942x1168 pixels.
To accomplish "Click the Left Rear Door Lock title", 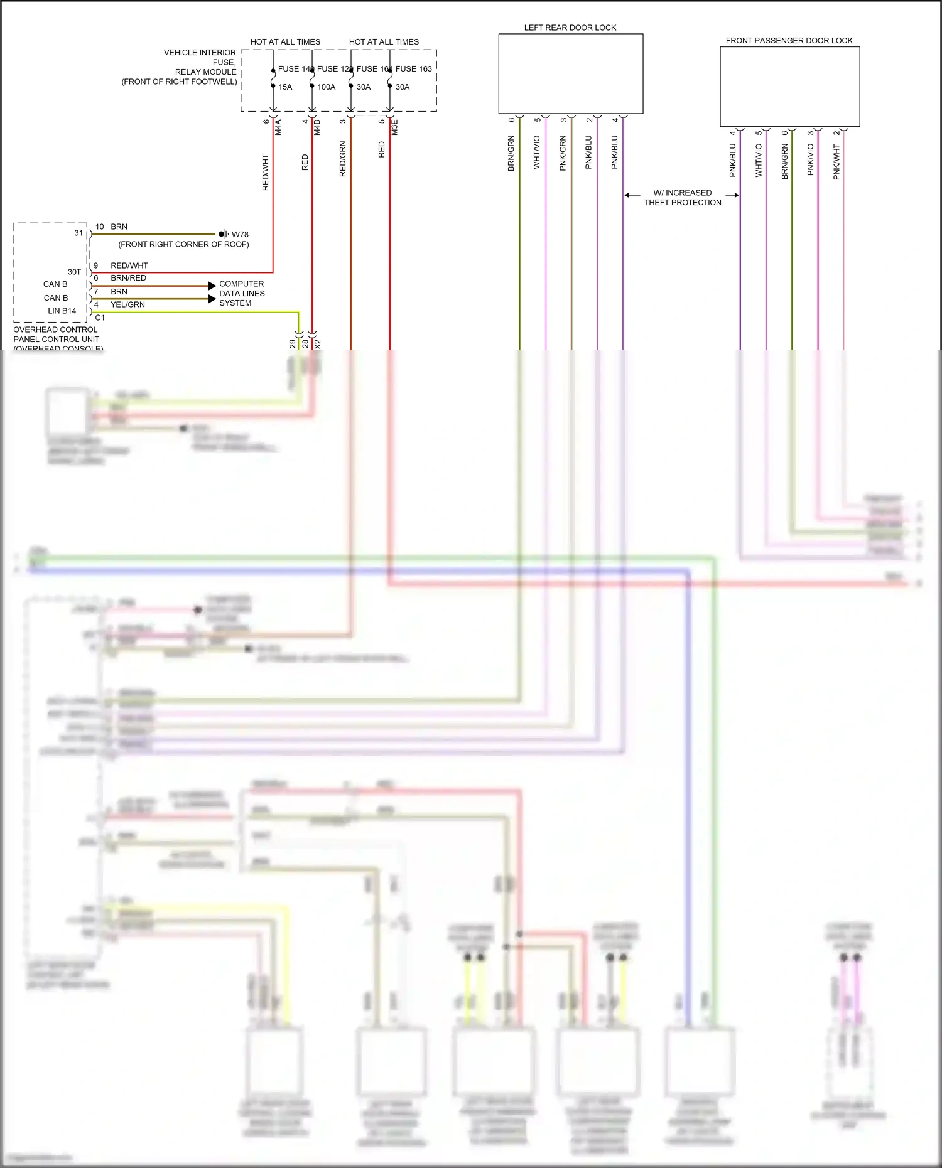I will pos(570,28).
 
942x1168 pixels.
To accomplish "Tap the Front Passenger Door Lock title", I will pos(789,41).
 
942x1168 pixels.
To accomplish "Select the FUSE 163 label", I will pos(413,69).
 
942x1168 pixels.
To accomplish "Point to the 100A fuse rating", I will pos(326,87).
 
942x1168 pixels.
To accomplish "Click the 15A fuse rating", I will pos(285,87).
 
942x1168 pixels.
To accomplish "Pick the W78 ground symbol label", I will pos(240,235).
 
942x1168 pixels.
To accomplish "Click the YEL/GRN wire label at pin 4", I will pos(127,304).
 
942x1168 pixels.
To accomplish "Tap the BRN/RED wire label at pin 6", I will pos(128,278).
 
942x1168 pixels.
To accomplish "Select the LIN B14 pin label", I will pos(62,311).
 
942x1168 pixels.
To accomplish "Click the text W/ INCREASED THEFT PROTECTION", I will pos(683,198).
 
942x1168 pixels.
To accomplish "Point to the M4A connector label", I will pos(278,127).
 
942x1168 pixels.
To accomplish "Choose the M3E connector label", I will pos(395,127).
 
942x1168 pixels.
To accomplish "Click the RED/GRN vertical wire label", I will pos(343,159).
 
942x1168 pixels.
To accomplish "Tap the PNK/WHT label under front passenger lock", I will pos(836,162).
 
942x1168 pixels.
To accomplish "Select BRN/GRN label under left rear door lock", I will pos(511,153).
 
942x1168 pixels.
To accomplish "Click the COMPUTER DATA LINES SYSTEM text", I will pos(242,293).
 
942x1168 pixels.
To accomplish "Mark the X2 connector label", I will pos(318,344).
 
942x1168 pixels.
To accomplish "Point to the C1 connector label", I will pos(100,318).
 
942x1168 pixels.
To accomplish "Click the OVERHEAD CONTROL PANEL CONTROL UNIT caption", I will pos(57,339).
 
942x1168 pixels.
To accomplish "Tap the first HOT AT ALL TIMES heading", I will pos(285,42).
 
